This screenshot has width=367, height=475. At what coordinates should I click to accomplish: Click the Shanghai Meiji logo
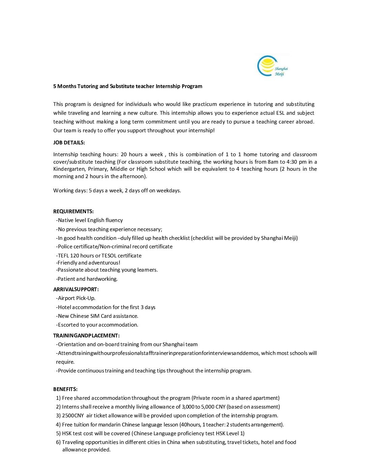coord(272,65)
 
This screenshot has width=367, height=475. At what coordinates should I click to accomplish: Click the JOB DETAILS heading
coord(69,143)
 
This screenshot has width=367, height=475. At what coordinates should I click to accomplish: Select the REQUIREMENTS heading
coord(73,212)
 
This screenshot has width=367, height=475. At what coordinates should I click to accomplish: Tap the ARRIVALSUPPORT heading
coord(76,289)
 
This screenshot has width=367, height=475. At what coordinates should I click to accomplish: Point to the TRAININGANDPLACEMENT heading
coord(86,336)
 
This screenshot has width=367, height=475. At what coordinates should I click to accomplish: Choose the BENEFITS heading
coord(65,389)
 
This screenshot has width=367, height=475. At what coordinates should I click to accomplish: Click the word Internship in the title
coord(168,86)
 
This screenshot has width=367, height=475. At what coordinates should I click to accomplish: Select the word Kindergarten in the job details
coord(69,169)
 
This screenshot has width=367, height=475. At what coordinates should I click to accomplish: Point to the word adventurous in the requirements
coord(104,263)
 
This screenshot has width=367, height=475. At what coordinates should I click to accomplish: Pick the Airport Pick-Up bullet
coord(76,298)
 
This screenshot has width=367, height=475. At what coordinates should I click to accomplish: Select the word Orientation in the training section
coord(72,344)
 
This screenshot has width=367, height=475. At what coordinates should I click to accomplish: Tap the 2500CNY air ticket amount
coord(73,416)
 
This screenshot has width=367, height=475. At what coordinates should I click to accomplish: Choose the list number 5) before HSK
coord(58,434)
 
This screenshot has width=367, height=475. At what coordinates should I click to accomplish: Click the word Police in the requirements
coord(65,247)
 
